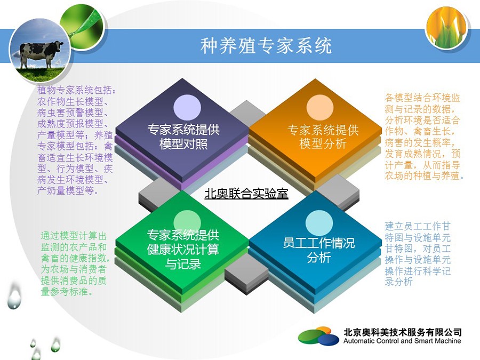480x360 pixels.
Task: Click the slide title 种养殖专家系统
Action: [x=266, y=46]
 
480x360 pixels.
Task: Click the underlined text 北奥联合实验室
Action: [x=246, y=194]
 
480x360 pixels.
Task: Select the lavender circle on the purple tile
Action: [x=187, y=107]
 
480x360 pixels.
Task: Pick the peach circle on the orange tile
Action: [x=319, y=107]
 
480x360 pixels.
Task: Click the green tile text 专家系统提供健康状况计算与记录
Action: [x=183, y=250]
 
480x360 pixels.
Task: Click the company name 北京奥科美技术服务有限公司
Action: [x=402, y=332]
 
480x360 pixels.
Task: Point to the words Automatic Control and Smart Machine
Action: [x=402, y=341]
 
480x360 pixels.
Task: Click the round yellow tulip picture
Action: [x=446, y=27]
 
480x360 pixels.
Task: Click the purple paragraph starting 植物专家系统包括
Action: [x=75, y=140]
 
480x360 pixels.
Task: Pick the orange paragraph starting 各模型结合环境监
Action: [x=425, y=137]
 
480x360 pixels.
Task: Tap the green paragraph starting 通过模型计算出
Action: [x=75, y=263]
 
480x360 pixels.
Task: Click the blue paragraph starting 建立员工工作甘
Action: [x=418, y=254]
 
